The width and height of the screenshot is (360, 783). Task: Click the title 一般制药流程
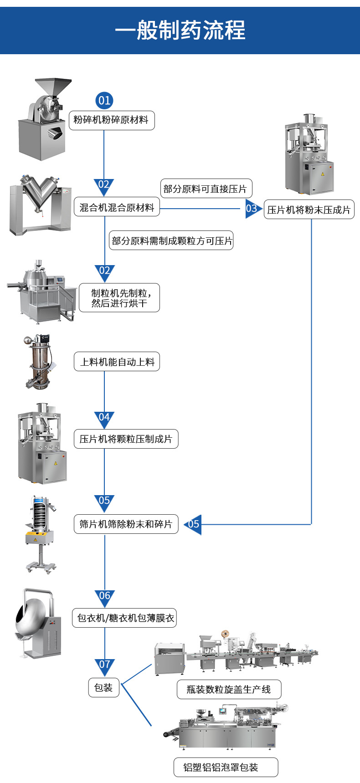click(180, 30)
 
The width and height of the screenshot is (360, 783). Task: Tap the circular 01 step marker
click(104, 100)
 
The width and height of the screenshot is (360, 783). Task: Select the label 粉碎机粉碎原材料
click(111, 120)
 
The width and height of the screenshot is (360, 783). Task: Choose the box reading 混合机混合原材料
click(117, 207)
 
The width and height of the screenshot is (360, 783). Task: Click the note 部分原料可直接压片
click(206, 189)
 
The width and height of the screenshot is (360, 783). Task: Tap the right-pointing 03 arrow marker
click(252, 209)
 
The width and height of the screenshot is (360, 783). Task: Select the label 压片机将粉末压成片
click(309, 210)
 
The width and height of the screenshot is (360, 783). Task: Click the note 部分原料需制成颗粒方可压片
click(171, 241)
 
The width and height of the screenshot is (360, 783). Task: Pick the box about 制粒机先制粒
click(119, 298)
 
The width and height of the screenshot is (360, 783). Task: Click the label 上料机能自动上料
click(117, 362)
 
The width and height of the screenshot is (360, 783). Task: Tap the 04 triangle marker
click(104, 418)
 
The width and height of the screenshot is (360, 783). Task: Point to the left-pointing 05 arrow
click(193, 524)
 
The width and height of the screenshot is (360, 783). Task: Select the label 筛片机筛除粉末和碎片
click(126, 524)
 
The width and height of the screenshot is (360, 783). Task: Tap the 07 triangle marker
click(105, 665)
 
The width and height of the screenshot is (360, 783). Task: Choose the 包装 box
click(103, 687)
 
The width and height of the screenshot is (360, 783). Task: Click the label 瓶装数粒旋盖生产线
click(229, 689)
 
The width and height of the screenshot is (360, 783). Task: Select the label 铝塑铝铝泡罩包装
click(226, 767)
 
